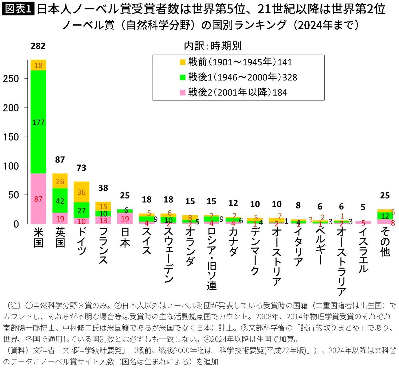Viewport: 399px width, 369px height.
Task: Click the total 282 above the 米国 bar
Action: coord(38,46)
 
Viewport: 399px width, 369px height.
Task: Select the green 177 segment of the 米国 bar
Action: coord(38,122)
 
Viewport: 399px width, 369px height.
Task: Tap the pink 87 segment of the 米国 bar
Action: coord(38,199)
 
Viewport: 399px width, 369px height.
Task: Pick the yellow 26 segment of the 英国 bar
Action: coord(60,181)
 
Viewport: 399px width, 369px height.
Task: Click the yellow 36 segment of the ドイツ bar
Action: coord(81,192)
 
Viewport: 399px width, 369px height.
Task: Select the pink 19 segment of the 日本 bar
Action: coord(125,218)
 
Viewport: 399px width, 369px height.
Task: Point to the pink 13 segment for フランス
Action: coord(103,220)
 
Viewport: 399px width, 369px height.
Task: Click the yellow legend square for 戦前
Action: coord(182,62)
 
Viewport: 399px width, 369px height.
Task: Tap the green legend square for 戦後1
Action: coord(182,77)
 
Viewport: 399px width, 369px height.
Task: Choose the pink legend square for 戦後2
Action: coord(182,93)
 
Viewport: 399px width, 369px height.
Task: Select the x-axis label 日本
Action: coord(125,238)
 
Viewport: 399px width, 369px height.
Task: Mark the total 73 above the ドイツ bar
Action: coord(81,168)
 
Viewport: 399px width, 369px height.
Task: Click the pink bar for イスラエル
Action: coord(363,222)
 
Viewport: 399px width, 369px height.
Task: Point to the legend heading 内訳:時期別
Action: coord(213,46)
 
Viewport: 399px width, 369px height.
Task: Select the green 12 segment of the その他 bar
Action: coord(385,216)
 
